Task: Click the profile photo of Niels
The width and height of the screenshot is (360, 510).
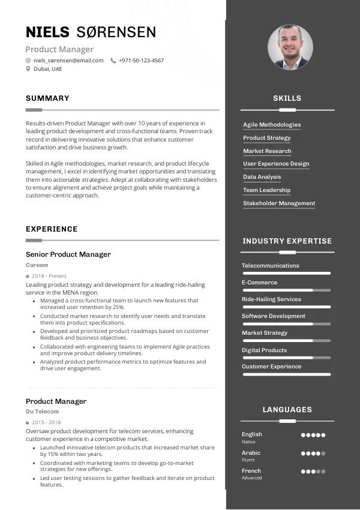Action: click(x=290, y=47)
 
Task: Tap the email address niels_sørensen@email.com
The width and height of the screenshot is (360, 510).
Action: click(x=68, y=61)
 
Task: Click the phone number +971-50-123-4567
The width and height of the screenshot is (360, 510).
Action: click(x=141, y=61)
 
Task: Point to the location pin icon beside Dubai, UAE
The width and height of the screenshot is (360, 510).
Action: click(x=28, y=69)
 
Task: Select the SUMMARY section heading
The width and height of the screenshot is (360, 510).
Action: click(x=47, y=98)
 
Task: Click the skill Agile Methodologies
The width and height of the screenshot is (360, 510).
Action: click(x=272, y=125)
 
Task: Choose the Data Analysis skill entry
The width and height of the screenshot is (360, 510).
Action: click(x=262, y=177)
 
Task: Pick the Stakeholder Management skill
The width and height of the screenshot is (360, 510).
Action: click(x=279, y=203)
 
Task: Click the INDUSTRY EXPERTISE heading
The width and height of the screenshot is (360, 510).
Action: click(x=287, y=241)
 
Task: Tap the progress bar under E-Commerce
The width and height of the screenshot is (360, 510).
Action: click(x=286, y=290)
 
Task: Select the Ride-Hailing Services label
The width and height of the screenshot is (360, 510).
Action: click(x=271, y=299)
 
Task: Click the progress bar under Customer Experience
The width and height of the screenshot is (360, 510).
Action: click(x=286, y=374)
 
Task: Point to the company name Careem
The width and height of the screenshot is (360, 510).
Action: click(x=37, y=265)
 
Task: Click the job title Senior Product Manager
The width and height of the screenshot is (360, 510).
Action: click(x=68, y=254)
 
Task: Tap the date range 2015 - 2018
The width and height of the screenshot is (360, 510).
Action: click(x=46, y=422)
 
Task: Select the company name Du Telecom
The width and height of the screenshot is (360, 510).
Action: click(x=43, y=412)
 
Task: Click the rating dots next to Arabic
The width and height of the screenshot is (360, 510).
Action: click(x=313, y=454)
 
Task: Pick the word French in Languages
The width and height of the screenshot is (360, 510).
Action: click(x=251, y=471)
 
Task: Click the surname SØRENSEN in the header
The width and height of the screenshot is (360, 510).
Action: click(x=116, y=32)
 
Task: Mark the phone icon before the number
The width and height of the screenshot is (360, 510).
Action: click(x=113, y=61)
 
